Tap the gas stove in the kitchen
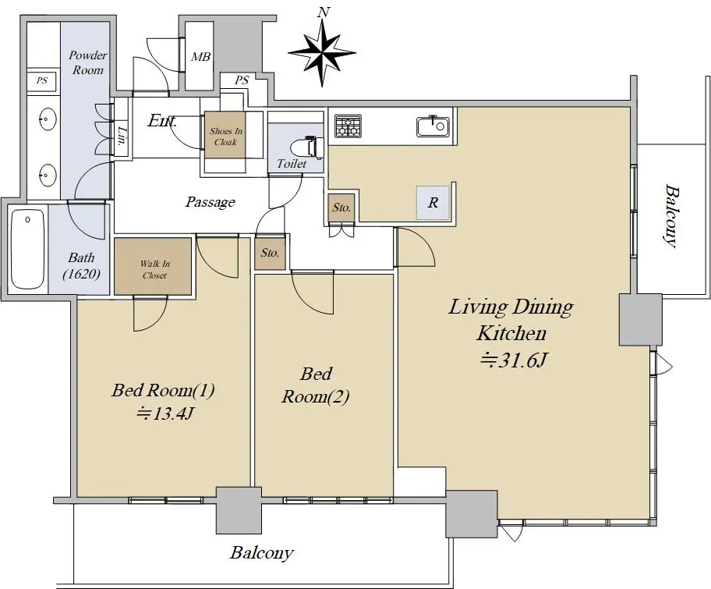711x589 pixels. click(348, 126)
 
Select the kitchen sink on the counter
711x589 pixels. click(433, 126)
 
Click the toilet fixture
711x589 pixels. click(313, 147)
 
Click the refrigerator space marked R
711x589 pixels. click(433, 202)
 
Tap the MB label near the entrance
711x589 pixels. click(200, 57)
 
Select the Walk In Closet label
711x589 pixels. click(154, 269)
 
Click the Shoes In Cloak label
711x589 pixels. click(226, 136)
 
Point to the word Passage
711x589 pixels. click(210, 201)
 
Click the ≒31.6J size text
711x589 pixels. click(515, 360)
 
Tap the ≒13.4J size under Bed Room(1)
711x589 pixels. click(165, 413)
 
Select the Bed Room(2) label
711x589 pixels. click(316, 385)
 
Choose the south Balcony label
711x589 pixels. click(262, 552)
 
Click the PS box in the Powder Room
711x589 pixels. click(42, 81)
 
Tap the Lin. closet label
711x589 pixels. click(121, 135)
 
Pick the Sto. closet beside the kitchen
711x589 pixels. click(341, 208)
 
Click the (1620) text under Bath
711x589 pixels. click(82, 274)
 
